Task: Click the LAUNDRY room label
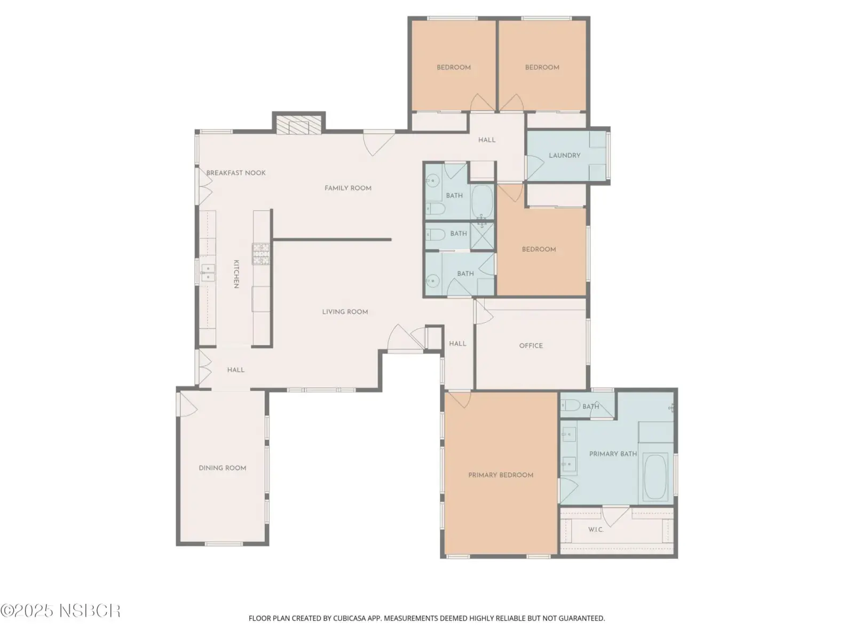pos(564,155)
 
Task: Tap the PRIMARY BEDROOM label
pos(500,475)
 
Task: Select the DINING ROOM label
pos(222,468)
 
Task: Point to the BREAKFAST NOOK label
pos(236,173)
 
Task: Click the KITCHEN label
pos(236,274)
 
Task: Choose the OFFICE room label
pos(531,346)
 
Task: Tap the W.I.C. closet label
pos(596,530)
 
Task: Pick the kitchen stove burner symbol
pos(260,254)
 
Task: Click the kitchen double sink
pos(208,273)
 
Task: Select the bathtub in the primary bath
pos(655,476)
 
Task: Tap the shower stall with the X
pos(482,236)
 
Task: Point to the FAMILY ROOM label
pos(348,188)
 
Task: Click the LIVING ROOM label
pos(345,311)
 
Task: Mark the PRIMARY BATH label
pos(613,454)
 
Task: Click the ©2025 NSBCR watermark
pos(60,611)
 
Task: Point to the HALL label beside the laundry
pos(487,140)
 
